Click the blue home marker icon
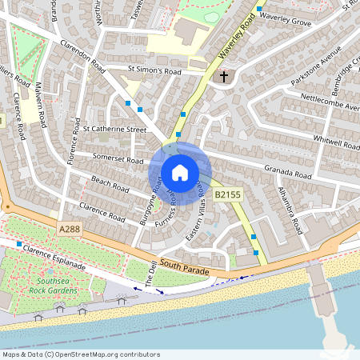pos(180,172)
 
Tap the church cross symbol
pos(224,77)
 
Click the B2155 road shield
pos(226,194)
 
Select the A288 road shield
pos(70,229)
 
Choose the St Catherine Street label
pos(116,128)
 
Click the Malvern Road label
pos(40,105)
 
